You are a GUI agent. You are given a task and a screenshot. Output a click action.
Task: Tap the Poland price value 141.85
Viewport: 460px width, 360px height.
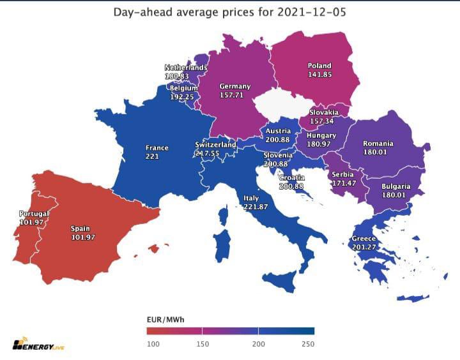319,75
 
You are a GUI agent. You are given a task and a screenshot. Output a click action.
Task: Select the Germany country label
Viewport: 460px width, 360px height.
234,86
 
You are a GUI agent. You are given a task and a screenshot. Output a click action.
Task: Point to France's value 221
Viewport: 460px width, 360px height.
152,156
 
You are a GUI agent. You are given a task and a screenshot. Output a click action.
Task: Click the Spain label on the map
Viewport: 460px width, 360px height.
80,229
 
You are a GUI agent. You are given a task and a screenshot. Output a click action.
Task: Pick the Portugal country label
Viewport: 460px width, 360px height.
34,214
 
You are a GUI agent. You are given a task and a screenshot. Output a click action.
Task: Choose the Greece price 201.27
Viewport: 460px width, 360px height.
364,248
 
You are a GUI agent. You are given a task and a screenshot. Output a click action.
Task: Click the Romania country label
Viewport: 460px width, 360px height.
378,144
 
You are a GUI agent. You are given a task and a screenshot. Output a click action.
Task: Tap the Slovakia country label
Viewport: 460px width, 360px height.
323,112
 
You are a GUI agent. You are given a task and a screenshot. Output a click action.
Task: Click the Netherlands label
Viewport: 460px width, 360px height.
186,68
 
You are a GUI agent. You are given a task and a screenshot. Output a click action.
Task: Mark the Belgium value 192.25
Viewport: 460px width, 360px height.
182,97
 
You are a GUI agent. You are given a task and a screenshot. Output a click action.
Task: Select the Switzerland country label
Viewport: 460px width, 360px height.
215,145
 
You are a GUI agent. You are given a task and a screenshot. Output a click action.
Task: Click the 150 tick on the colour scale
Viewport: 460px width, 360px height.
202,344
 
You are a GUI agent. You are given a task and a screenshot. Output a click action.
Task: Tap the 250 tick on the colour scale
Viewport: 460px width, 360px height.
308,344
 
